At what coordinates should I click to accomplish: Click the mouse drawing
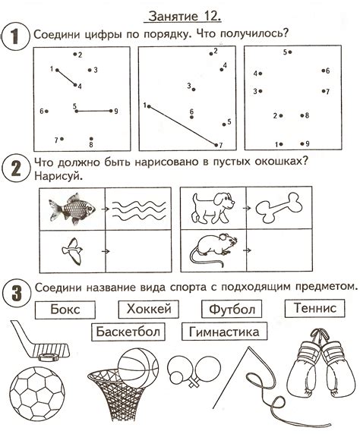pyautogui.click(x=213, y=248)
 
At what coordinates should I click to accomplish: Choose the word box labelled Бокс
pyautogui.click(x=67, y=310)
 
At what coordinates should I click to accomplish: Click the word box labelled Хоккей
pyautogui.click(x=149, y=309)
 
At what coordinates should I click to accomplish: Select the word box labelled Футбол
pyautogui.click(x=232, y=309)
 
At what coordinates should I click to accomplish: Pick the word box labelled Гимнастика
pyautogui.click(x=224, y=332)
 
